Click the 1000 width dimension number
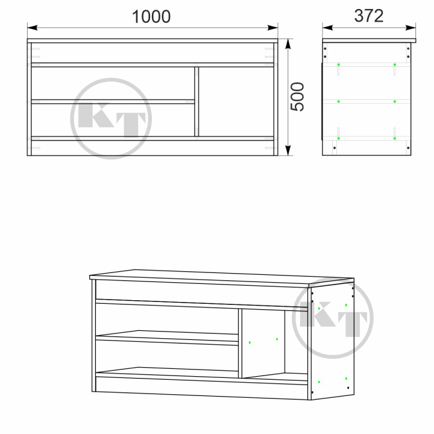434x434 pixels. pos(151,17)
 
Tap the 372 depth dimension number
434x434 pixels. pos(369,16)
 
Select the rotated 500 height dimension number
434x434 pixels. pos(297,96)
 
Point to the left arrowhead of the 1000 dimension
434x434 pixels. pos(33,28)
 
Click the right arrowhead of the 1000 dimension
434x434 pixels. pos(272,28)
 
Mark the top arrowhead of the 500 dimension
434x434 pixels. pos(288,44)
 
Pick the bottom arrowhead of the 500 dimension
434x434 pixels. pos(288,150)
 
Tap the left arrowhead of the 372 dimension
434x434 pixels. pos(328,28)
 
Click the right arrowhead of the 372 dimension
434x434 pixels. pos(410,28)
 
